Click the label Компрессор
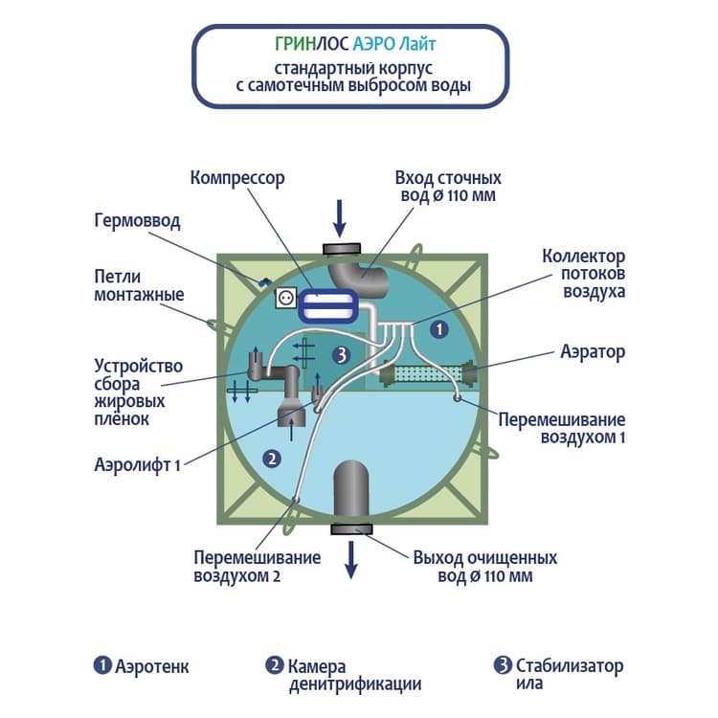[237, 178]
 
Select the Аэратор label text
[592, 352]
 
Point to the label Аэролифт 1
[137, 464]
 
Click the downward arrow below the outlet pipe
[351, 559]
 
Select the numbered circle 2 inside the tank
[272, 458]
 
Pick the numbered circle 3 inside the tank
[341, 354]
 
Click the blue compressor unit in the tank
[326, 305]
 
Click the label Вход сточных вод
[447, 187]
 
